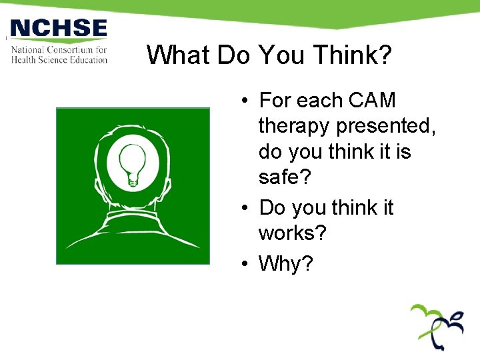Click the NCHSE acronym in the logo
pos(59,29)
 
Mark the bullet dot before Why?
pos(246,264)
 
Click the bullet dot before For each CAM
pos(246,101)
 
